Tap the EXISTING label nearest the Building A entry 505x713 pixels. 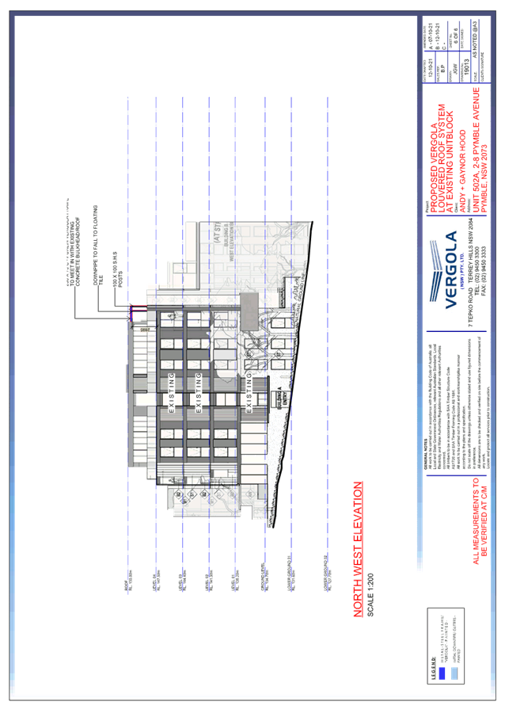click(250, 403)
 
